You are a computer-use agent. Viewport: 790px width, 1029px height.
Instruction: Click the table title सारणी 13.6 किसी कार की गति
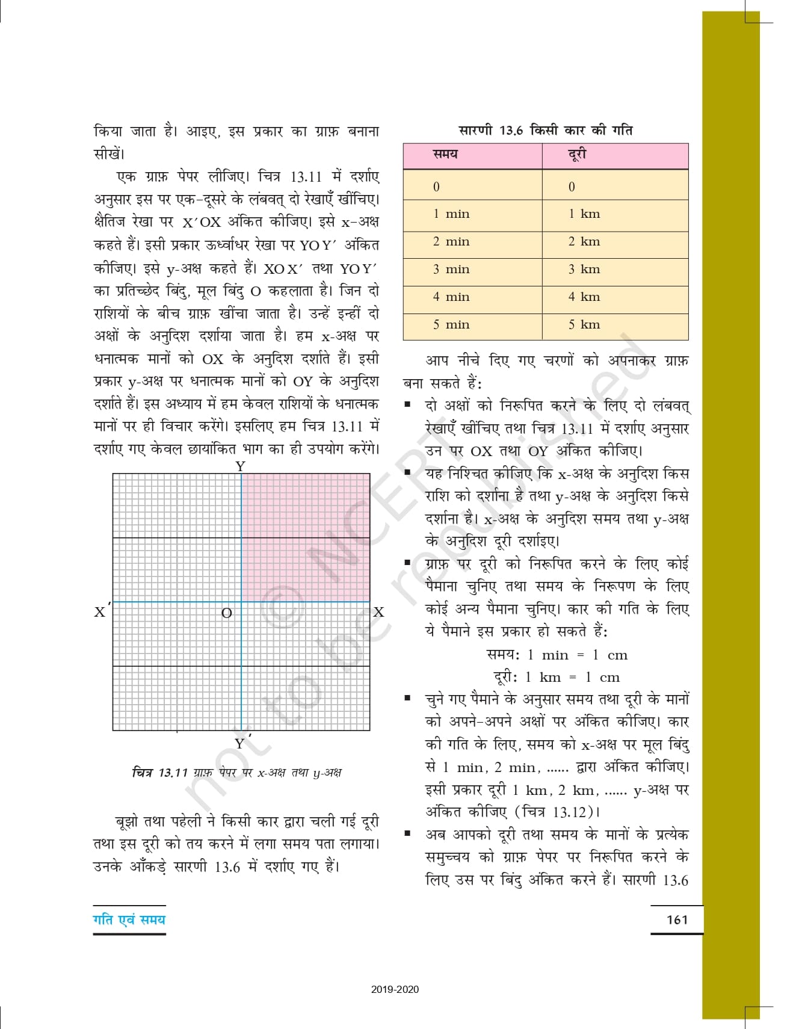pyautogui.click(x=545, y=130)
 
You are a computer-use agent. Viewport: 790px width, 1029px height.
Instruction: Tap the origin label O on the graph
pyautogui.click(x=227, y=613)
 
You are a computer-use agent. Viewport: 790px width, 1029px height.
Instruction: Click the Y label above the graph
pyautogui.click(x=241, y=466)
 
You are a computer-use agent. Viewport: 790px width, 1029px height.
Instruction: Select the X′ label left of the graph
pyautogui.click(x=101, y=611)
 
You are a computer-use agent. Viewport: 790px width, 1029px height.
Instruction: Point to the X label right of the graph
pyautogui.click(x=378, y=612)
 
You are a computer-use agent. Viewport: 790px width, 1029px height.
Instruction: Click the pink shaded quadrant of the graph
pyautogui.click(x=306, y=537)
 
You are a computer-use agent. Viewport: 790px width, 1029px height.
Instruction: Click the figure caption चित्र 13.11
pyautogui.click(x=236, y=773)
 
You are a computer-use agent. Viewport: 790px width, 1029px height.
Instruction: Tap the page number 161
pyautogui.click(x=677, y=919)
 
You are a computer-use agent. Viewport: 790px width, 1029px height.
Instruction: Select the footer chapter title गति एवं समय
pyautogui.click(x=129, y=919)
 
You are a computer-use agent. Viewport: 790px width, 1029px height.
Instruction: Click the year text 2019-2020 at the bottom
pyautogui.click(x=395, y=989)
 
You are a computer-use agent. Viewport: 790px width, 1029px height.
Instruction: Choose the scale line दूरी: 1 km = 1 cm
pyautogui.click(x=557, y=677)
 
